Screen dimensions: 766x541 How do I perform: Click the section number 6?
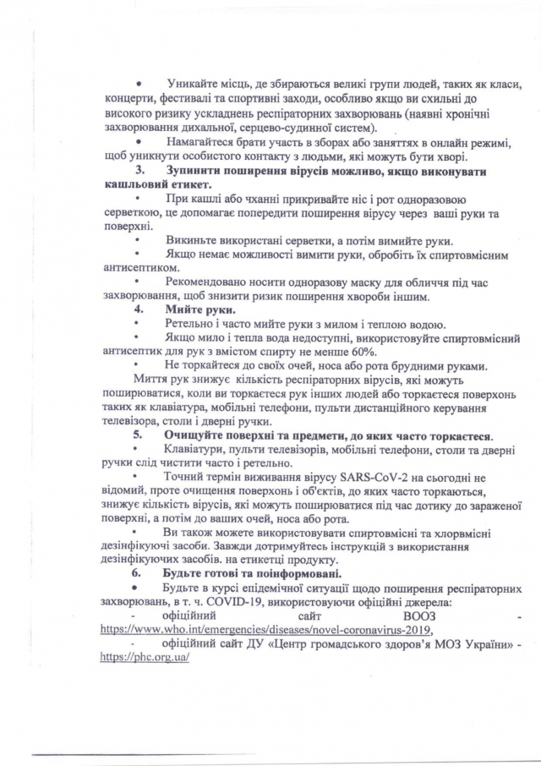139,573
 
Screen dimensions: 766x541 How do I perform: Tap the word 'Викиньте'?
194,240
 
